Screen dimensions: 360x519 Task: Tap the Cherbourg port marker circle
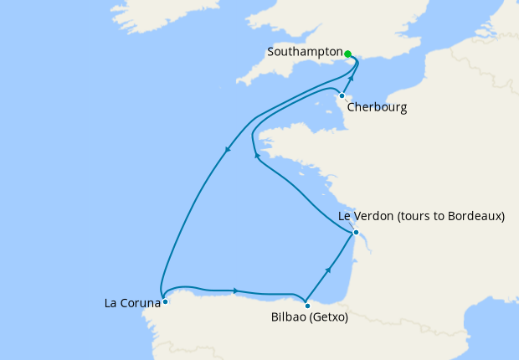(x=342, y=95)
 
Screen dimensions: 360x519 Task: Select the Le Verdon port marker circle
(x=356, y=232)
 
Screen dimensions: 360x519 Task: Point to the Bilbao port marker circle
(x=307, y=304)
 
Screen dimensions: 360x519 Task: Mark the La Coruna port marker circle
(x=165, y=301)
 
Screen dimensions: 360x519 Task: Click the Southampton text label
(x=305, y=52)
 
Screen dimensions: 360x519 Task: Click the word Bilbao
(x=289, y=318)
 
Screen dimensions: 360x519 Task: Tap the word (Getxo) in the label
(x=329, y=318)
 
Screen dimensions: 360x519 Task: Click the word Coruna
(x=139, y=301)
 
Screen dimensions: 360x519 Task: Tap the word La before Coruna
(x=111, y=301)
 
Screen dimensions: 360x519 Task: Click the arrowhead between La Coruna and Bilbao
(x=236, y=291)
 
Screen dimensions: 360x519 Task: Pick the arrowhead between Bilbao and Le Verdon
(x=329, y=270)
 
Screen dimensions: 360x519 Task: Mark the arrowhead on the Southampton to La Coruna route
(x=228, y=151)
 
